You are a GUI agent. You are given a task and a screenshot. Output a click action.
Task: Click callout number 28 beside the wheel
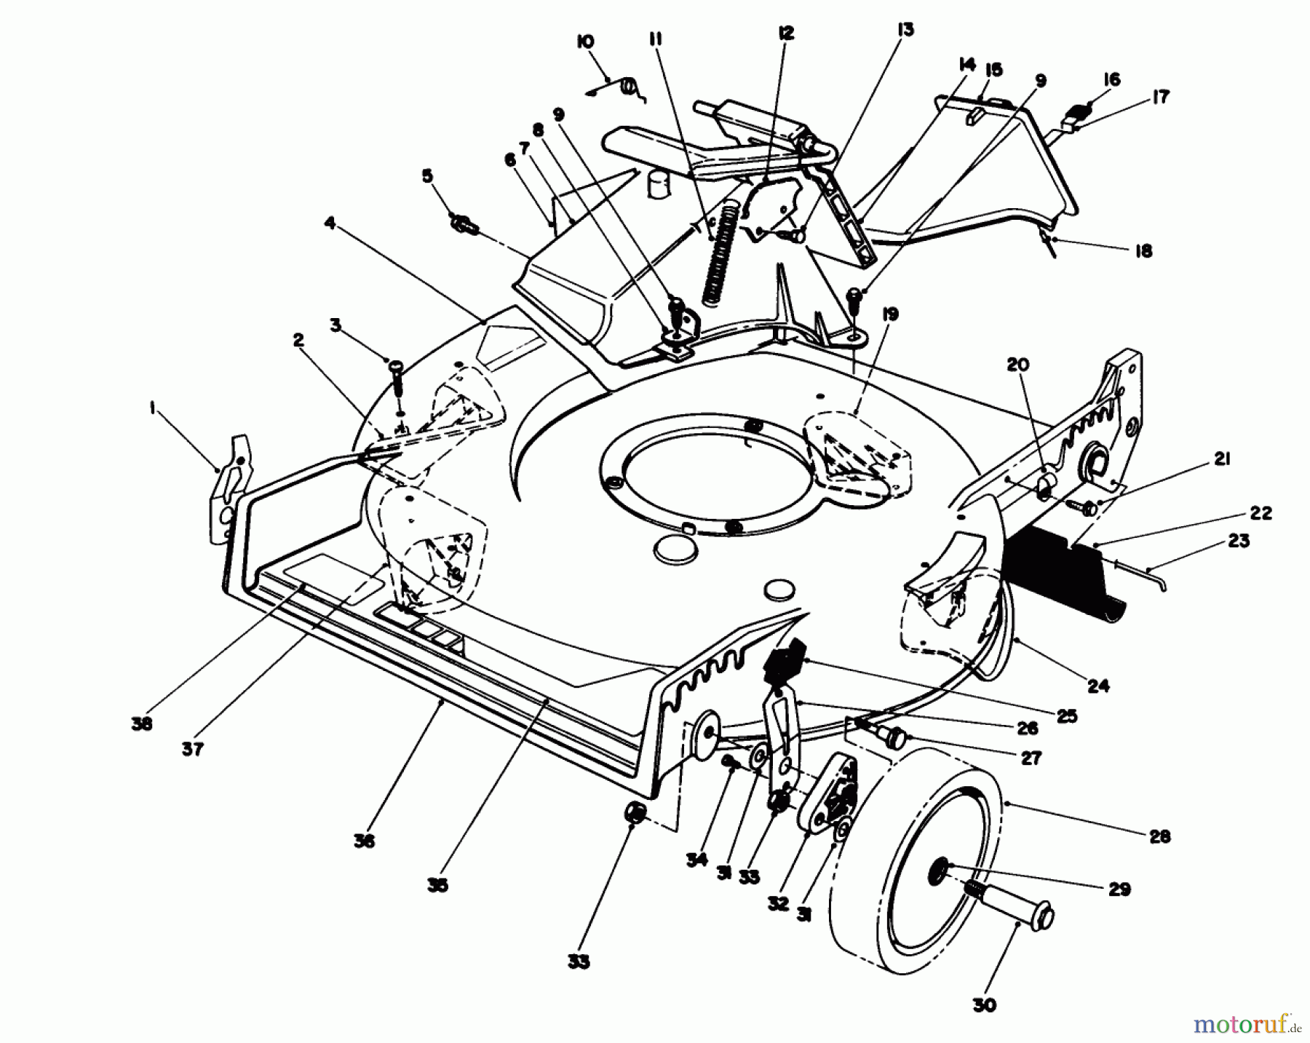tap(1160, 836)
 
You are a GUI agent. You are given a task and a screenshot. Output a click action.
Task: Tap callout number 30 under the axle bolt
tap(984, 1005)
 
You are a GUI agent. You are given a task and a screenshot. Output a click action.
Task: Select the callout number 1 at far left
tap(152, 411)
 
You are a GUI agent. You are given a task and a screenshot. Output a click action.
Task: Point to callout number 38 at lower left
tap(142, 724)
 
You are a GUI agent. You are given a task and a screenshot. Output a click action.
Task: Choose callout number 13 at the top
tap(906, 30)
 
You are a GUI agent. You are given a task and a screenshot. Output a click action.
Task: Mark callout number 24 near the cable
tap(1098, 685)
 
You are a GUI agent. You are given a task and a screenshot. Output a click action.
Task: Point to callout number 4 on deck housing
tap(330, 223)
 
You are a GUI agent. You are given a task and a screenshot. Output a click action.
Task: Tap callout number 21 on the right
tap(1221, 459)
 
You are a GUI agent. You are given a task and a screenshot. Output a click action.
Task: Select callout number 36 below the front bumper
tap(364, 841)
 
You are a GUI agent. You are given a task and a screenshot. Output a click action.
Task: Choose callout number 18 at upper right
tap(1144, 251)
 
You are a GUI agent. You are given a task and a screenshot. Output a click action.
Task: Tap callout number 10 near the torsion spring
tap(584, 41)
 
